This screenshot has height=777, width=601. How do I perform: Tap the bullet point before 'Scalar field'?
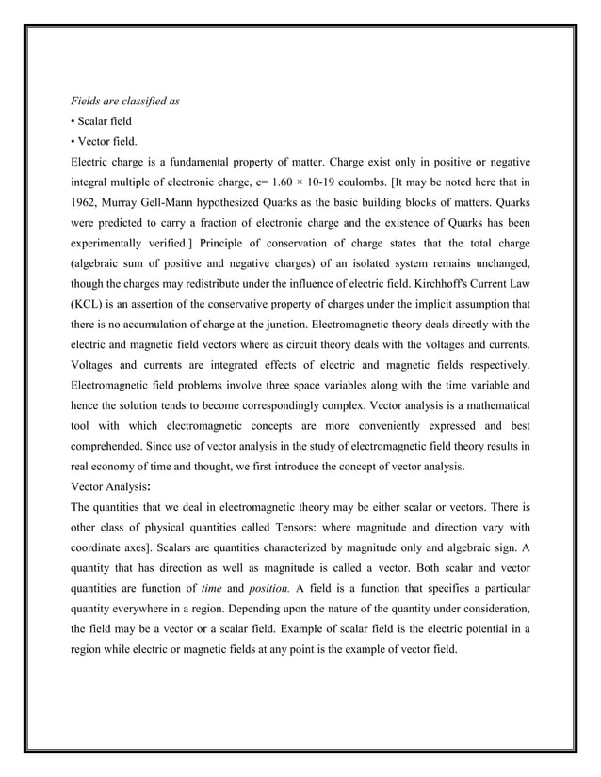(x=74, y=121)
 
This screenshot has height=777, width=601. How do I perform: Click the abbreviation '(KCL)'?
(x=91, y=305)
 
